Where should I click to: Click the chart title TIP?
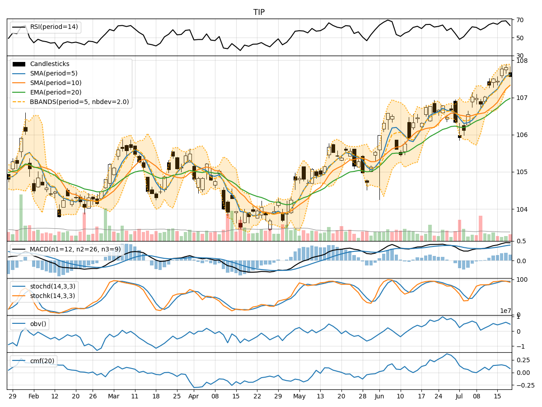click(259, 12)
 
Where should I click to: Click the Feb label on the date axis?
click(34, 396)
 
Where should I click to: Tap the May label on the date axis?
click(299, 396)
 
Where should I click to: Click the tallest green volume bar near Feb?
click(21, 218)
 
